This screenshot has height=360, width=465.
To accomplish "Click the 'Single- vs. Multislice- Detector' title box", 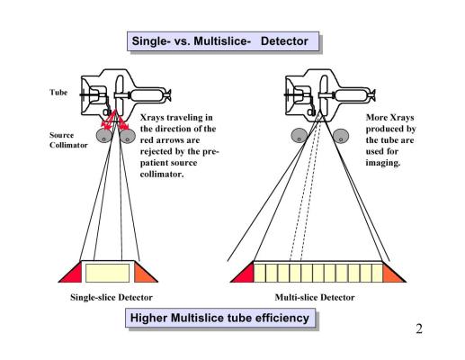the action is click(223, 41).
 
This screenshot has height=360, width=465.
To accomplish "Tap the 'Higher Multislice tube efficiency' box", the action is click(220, 318).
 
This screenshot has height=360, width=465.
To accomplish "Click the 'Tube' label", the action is click(58, 92).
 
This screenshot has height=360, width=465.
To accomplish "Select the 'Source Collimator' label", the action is click(68, 140).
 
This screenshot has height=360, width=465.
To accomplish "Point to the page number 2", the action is click(419, 328).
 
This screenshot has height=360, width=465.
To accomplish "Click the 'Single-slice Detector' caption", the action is click(112, 297).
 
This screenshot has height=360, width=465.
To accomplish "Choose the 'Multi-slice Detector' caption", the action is click(315, 297).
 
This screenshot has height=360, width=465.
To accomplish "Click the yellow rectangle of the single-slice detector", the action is click(108, 273).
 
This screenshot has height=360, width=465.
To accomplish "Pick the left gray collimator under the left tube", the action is click(104, 136).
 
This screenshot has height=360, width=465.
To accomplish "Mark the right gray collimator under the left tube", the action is click(128, 136).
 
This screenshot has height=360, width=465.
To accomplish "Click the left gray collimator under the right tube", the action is click(300, 136).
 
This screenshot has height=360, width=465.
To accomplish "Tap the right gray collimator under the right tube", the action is click(341, 136).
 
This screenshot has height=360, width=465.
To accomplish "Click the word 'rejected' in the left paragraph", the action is click(156, 151).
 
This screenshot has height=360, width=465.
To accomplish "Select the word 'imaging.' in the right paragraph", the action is click(383, 163).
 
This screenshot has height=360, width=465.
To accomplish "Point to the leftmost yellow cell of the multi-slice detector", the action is click(260, 273).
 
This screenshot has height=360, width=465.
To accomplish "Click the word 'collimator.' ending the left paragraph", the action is click(162, 174).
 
